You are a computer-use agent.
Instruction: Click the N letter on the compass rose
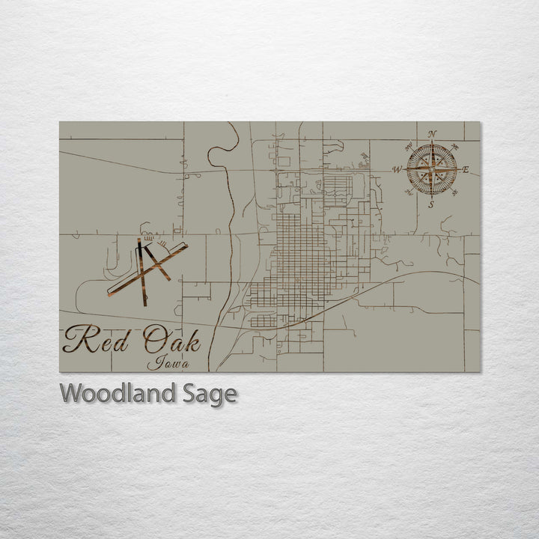pos(432,135)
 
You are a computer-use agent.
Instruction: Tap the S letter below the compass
pos(431,204)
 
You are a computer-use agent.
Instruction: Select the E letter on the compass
pos(466,170)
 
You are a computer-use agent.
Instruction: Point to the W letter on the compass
pos(396,170)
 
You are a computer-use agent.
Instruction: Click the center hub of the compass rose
pos(431,169)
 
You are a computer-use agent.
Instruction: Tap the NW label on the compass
pos(408,146)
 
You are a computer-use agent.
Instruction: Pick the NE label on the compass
pos(454,146)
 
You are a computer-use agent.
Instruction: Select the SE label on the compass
pos(454,193)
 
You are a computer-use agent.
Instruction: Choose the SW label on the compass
pos(408,193)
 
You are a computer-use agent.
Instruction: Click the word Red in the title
pos(94,341)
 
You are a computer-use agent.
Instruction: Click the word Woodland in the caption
pos(115,393)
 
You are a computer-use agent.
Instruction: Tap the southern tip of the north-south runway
pos(144,303)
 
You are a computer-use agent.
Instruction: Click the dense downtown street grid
pos(299,255)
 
